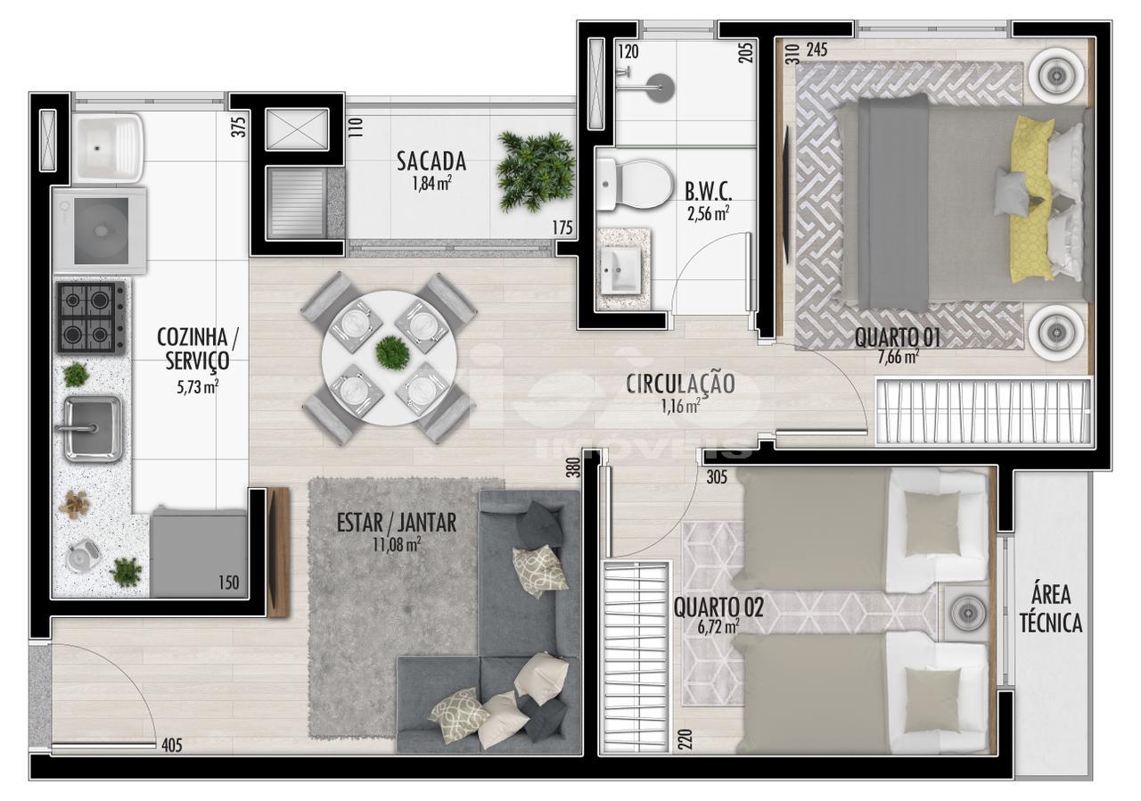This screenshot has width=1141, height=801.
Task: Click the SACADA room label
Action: pos(431,161)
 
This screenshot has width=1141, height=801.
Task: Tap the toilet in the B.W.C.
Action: pos(633,185)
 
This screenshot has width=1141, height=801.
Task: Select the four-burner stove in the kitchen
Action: pos(91,318)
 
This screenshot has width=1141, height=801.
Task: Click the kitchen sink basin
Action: pos(92,428)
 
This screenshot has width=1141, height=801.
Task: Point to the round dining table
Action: pos(390,359)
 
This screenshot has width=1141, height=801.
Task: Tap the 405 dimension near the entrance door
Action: pos(172,745)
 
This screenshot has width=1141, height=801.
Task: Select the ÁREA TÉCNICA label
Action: pos(1051,609)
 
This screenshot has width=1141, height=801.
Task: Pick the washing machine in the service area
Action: pos(100,230)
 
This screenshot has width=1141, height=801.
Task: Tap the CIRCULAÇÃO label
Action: pos(680,384)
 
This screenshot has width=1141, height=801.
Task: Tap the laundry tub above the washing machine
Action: pos(108,147)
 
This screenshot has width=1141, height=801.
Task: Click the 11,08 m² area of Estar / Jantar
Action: pos(397,545)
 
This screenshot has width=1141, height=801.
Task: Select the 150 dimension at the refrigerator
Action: pos(229,582)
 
